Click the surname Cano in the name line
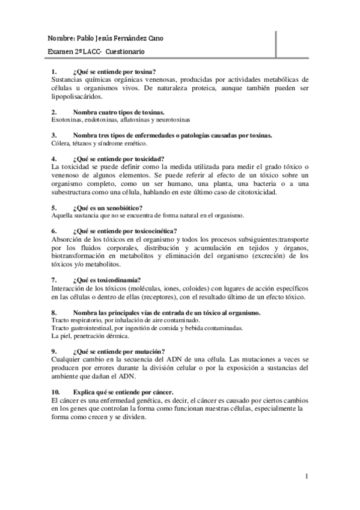(x=153, y=38)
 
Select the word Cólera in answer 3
(x=61, y=143)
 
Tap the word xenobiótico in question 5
(x=120, y=207)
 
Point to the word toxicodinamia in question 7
(x=120, y=279)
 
